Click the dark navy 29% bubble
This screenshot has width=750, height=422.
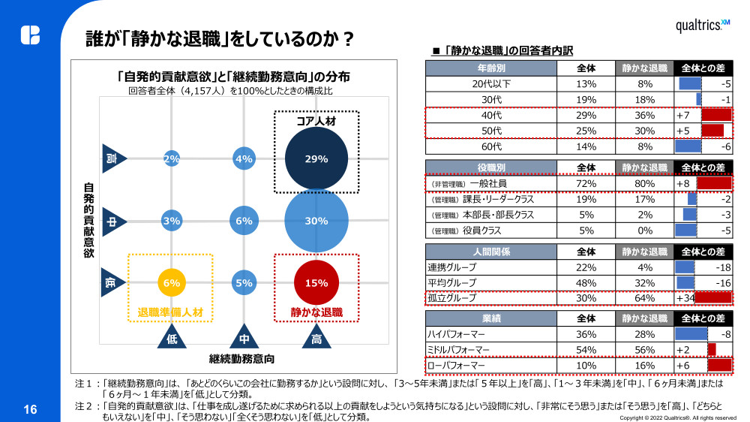tap(316, 159)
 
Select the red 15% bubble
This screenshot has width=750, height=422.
tap(316, 283)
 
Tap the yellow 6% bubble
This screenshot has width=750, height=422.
tap(171, 283)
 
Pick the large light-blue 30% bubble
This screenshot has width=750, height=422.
tap(316, 221)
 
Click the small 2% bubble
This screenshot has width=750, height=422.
tap(171, 159)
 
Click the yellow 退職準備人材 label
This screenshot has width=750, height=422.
tap(171, 312)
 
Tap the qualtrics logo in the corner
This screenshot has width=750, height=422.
tap(702, 26)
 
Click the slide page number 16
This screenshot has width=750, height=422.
tap(30, 409)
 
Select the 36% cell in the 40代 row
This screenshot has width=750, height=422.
tap(644, 116)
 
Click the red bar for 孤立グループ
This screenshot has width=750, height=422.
tap(713, 297)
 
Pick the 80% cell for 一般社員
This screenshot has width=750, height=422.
tap(644, 183)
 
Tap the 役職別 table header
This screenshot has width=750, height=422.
tap(491, 167)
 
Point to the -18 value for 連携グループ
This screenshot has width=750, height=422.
tap(723, 267)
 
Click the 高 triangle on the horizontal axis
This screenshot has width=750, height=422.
tap(316, 336)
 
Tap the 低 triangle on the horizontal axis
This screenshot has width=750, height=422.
tap(172, 336)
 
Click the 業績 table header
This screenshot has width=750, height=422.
tap(491, 318)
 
